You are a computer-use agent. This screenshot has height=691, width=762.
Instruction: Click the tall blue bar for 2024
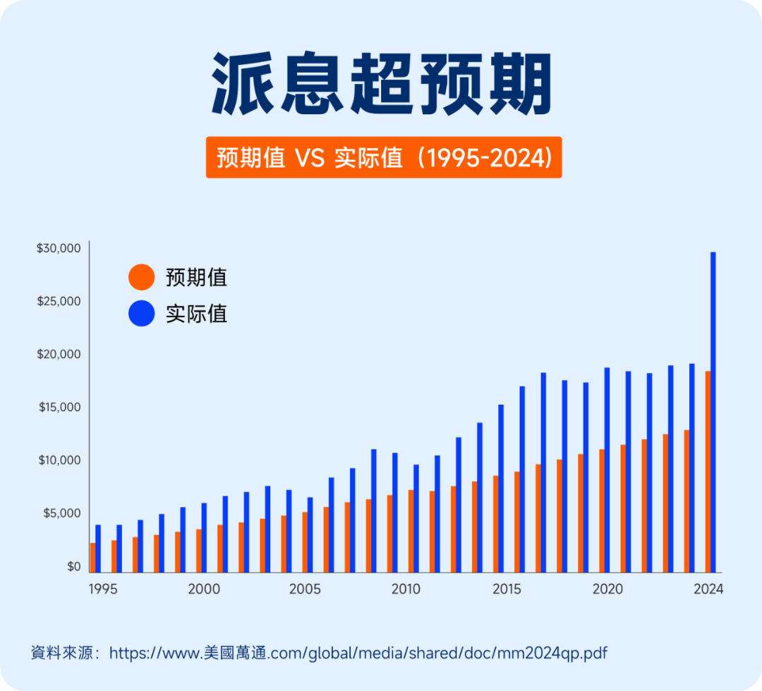tap(713, 412)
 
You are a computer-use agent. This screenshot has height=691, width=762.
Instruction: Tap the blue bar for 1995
tap(98, 548)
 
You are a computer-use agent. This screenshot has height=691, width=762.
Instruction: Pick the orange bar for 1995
tap(92, 557)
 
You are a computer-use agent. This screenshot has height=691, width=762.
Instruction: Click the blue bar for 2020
tap(607, 470)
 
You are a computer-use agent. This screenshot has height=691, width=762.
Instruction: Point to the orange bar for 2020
tap(601, 510)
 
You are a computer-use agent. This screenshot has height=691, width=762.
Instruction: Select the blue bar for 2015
tap(501, 488)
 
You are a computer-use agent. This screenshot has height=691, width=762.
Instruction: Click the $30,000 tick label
tap(59, 248)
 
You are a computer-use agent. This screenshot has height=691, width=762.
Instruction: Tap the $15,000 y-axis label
tap(59, 408)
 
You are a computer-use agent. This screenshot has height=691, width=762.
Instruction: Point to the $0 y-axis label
tap(74, 566)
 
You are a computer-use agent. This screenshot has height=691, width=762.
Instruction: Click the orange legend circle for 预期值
tap(141, 276)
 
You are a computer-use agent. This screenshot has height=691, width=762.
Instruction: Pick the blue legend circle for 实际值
tap(141, 313)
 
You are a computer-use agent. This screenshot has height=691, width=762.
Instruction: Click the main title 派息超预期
tap(381, 83)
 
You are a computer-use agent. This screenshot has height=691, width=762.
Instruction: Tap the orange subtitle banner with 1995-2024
tap(384, 157)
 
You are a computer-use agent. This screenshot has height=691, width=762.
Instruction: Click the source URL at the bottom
tap(358, 653)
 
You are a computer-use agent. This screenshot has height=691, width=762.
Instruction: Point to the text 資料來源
tap(62, 653)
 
